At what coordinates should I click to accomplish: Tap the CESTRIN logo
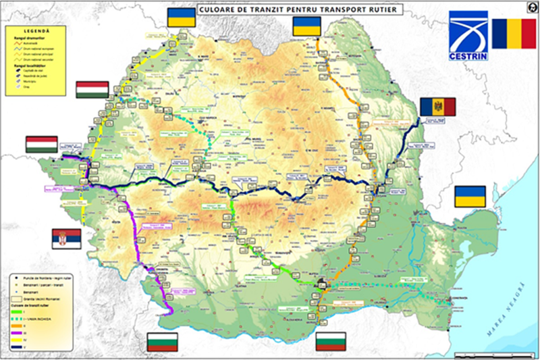[468, 35]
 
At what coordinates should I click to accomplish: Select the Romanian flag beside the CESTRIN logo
[514, 34]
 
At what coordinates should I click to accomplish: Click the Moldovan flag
[437, 107]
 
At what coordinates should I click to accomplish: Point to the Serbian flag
[66, 238]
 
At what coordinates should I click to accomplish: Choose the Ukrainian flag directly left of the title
[180, 18]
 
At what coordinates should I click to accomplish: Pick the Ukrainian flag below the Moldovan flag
[469, 197]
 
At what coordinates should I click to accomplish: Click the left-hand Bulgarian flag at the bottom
[162, 342]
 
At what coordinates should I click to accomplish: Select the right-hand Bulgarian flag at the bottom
[331, 342]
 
